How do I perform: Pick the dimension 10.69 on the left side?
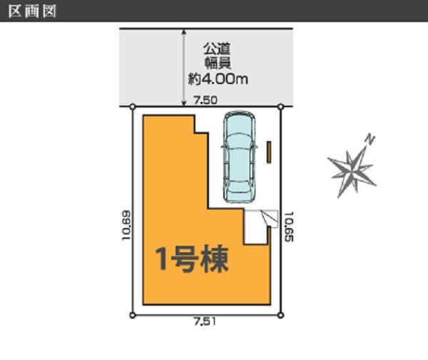coord(126,225)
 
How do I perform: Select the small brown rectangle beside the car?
coord(270,152)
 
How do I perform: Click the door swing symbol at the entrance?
coord(267,217)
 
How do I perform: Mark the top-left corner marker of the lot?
coord(133,107)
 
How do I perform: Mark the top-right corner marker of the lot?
coord(280,107)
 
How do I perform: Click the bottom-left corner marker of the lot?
coord(133,314)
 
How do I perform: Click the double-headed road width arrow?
coord(184,68)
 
